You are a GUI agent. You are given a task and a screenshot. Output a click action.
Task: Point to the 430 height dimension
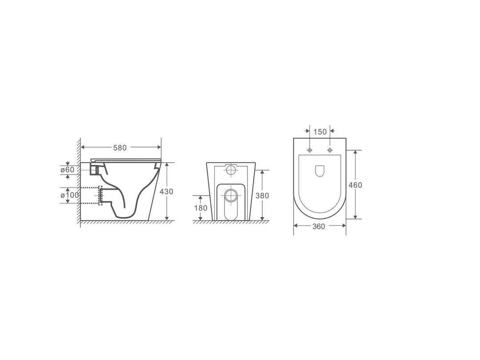pos(167,192)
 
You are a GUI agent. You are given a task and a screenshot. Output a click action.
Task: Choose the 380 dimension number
pos(263,196)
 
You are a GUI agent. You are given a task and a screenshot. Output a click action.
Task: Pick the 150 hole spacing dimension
pos(320,132)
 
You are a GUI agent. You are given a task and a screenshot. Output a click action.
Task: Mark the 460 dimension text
pos(356,185)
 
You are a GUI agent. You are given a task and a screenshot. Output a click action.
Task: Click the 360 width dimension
pos(319,226)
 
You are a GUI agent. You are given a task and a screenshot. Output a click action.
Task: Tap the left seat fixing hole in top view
pos(310,150)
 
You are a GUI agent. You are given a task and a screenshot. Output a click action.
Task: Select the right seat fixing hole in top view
pos(329,150)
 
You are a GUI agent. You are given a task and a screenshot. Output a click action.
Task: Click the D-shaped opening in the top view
pos(320,171)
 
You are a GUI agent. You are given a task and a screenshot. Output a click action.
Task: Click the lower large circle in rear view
pos(231,194)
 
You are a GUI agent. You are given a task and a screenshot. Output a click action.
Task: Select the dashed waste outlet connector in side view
pos(100,196)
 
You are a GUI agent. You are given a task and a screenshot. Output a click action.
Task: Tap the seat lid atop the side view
pos(124,160)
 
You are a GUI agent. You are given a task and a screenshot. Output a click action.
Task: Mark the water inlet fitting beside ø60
pos(95,169)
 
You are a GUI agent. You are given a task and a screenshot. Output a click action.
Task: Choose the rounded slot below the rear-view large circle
pos(231,211)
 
